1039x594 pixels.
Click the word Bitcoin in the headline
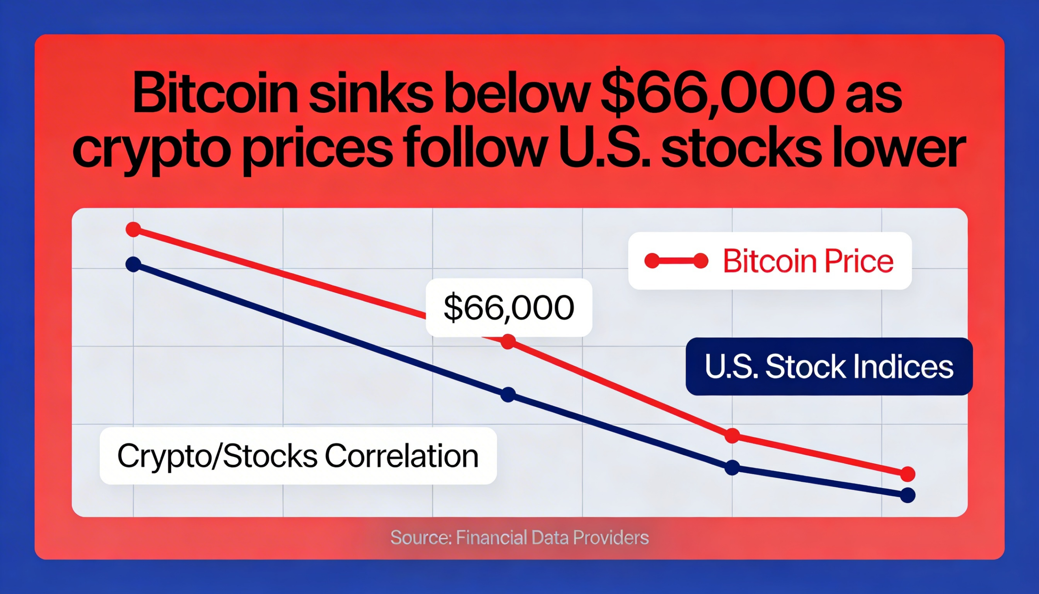(x=215, y=93)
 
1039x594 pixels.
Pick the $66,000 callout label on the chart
(x=509, y=308)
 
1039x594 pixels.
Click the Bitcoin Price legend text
(x=808, y=261)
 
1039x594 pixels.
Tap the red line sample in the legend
(x=676, y=261)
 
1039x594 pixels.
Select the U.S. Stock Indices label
(x=829, y=366)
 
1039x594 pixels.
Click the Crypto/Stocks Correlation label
(x=297, y=456)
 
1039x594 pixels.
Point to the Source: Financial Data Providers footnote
(x=519, y=538)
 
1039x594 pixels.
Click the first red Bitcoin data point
(x=134, y=229)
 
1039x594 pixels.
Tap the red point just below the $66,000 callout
(x=508, y=341)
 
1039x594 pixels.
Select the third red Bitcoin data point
(x=732, y=436)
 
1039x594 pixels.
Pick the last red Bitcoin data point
(x=908, y=474)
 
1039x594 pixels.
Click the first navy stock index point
(x=134, y=264)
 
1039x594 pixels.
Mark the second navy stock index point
(x=508, y=395)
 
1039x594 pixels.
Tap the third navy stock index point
(x=732, y=468)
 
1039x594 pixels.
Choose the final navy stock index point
(x=908, y=495)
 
